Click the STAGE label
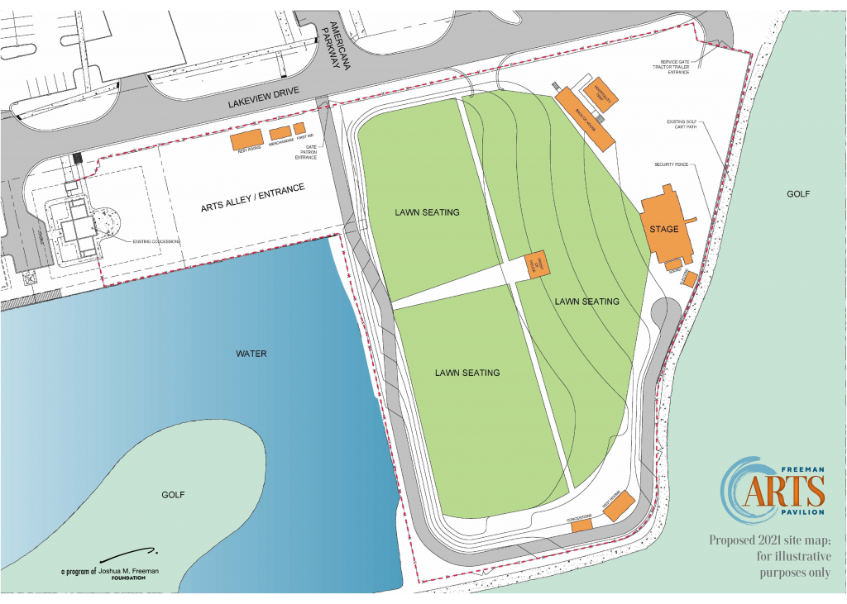tap(663, 229)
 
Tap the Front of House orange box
tap(536, 265)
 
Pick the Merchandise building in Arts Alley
tap(280, 132)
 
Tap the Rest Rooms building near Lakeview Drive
tap(246, 139)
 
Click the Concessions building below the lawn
tap(581, 523)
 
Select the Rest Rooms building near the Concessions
tap(619, 506)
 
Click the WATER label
tap(251, 354)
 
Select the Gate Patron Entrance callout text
tap(306, 152)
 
